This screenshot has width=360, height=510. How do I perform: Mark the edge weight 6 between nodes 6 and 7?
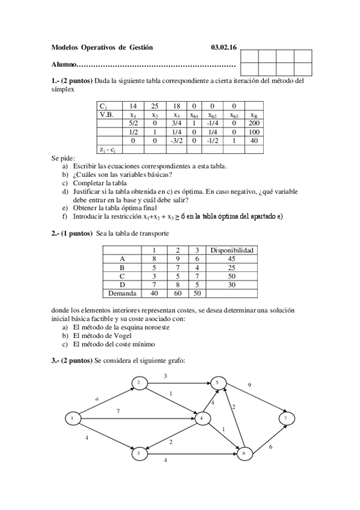(x=270, y=447)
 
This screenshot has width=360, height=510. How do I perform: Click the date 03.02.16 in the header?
(x=224, y=48)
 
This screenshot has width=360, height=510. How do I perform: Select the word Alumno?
(x=63, y=64)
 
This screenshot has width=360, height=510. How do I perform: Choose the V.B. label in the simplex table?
(x=108, y=114)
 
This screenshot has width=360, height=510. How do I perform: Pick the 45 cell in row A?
(x=231, y=259)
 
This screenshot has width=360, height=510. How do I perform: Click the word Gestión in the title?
(x=141, y=48)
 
